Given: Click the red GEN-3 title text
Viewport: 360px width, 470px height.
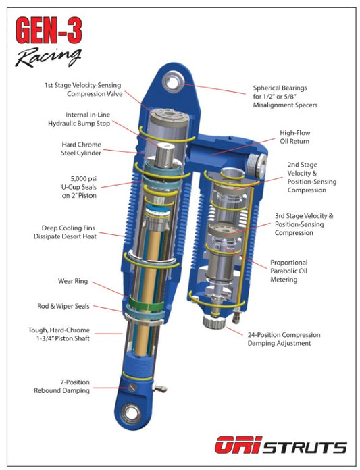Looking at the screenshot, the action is point(49,30).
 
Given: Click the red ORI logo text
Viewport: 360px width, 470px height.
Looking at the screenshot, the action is point(238,444).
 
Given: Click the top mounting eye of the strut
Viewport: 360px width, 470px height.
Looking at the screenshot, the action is point(172,82).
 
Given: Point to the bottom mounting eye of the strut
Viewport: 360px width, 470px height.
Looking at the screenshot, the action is point(132,414).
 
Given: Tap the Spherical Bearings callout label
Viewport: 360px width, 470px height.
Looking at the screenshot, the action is point(285,97).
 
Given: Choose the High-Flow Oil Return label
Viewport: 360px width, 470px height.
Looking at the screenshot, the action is point(294,137).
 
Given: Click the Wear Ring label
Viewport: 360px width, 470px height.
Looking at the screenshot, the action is point(73,281).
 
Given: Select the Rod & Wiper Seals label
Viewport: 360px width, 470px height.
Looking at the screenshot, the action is point(63,306).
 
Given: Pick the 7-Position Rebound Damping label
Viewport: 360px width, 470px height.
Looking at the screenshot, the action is point(61,386).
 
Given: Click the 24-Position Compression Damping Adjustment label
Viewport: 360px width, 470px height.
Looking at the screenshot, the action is point(284,339).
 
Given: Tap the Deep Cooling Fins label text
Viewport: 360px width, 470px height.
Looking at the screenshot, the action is point(65,232).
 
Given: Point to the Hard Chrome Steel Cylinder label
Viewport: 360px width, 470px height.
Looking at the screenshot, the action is point(81,149).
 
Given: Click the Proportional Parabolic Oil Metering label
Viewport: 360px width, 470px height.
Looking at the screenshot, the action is point(288,271).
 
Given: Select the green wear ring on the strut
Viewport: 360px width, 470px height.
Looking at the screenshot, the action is point(147,303).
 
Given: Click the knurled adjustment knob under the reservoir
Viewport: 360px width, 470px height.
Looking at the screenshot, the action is point(214,321).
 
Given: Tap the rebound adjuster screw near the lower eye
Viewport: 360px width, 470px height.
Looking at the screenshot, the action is point(132,387).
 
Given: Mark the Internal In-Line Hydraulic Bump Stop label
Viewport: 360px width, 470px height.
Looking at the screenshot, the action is point(79,119).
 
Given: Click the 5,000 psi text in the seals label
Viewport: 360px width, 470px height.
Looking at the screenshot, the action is point(84,179).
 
